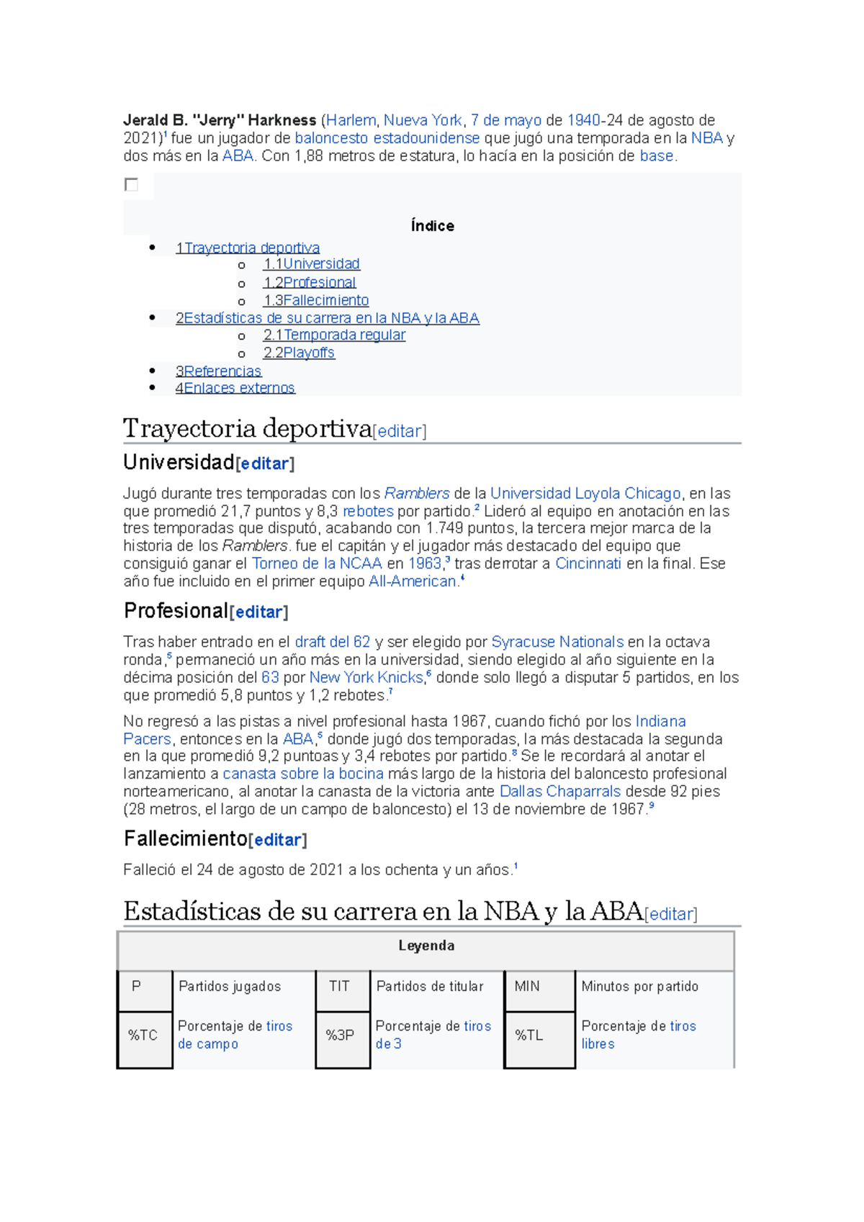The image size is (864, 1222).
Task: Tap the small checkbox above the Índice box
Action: point(131,185)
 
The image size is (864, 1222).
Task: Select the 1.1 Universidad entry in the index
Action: point(311,264)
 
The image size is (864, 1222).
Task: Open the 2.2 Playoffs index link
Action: point(299,353)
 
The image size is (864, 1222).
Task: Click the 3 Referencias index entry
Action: point(218,371)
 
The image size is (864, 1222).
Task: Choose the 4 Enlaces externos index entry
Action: point(235,389)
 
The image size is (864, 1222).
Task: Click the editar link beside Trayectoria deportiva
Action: point(400,431)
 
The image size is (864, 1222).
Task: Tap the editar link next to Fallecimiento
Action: point(277,840)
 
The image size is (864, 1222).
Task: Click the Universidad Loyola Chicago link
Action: point(585,494)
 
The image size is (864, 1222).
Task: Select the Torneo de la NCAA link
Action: point(317,564)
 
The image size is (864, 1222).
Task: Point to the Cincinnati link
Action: point(588,564)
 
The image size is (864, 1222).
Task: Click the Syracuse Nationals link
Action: point(557,642)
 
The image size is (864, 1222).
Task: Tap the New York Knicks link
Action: point(366,677)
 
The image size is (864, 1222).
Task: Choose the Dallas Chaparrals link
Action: point(559,792)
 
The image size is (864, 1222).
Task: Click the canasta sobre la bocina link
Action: point(302,774)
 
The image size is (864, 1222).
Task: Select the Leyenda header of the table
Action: point(426,946)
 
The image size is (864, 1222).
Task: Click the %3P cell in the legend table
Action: point(340,1035)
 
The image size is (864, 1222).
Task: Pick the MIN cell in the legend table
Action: point(527,987)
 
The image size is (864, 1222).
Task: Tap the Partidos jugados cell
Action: point(230,987)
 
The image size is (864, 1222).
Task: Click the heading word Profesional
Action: point(176,611)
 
